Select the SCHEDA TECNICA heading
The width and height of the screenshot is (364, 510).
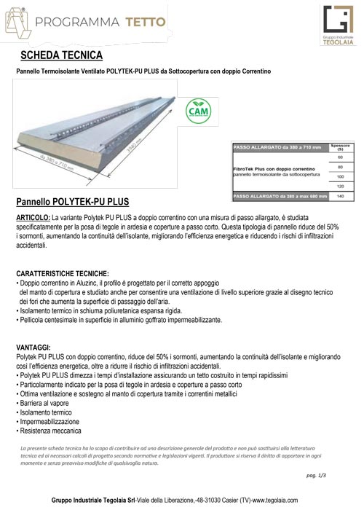(x=61, y=55)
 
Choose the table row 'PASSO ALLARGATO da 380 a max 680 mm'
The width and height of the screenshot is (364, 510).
(x=280, y=196)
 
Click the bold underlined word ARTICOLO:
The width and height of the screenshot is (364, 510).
(x=33, y=218)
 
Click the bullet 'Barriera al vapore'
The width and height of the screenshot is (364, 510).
(x=45, y=401)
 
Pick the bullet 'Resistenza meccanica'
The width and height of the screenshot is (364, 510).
(x=49, y=430)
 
